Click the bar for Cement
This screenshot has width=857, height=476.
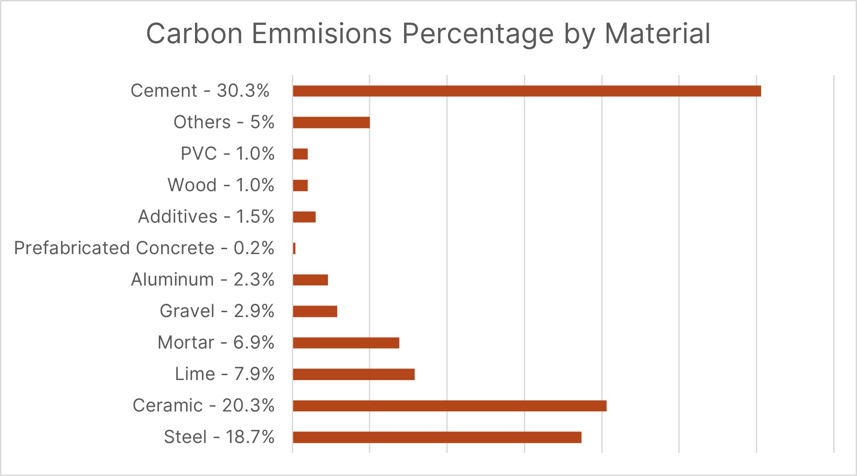point(526,91)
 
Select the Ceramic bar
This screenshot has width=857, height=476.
point(449,406)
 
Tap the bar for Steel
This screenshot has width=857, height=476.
point(437,437)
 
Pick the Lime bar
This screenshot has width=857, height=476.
point(353,374)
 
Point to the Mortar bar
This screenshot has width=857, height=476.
point(346,343)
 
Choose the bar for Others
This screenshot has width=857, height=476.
point(331,122)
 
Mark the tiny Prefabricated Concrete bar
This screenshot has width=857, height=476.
point(294,248)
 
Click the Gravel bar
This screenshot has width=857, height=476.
point(315,311)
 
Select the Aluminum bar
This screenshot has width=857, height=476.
point(310,280)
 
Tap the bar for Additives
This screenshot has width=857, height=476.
point(304,217)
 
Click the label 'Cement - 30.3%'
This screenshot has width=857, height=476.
point(200,91)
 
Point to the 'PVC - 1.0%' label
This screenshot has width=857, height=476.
point(228,154)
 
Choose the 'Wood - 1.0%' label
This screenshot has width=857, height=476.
point(221,185)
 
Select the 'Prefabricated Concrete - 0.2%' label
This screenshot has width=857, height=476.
point(144,248)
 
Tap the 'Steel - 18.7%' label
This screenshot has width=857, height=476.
point(219,437)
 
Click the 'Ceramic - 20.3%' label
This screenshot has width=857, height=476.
point(204,406)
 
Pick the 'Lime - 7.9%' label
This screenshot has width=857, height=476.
point(224,374)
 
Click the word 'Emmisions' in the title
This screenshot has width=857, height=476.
point(322,33)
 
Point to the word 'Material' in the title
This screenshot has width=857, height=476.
point(658,33)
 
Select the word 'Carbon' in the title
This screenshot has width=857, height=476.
point(195,33)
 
